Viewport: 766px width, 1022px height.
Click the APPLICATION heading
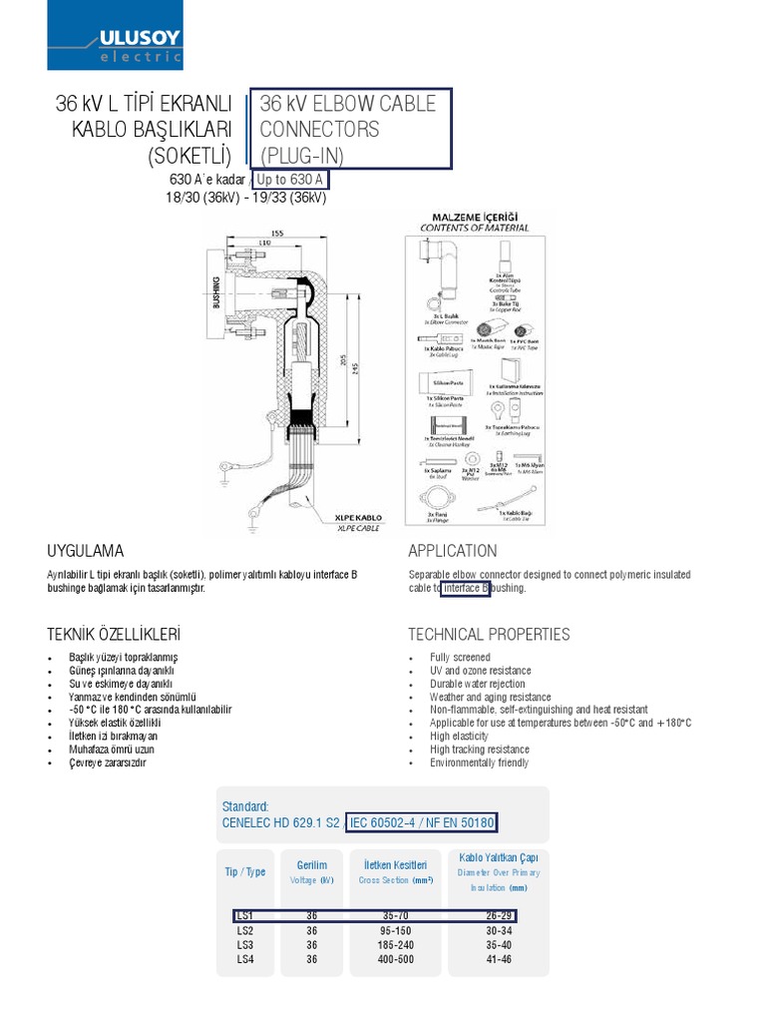click(x=452, y=551)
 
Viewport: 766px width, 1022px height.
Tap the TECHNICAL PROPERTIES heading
click(x=489, y=634)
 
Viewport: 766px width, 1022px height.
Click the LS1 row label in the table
click(x=245, y=915)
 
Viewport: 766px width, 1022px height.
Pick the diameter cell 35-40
click(x=499, y=944)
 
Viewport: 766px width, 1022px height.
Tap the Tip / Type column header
click(x=245, y=871)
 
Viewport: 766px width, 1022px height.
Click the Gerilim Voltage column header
click(x=312, y=872)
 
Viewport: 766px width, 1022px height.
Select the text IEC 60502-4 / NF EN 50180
click(x=421, y=822)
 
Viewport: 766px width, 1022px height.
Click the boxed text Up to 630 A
click(x=289, y=180)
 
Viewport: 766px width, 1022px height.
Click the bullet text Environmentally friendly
click(x=480, y=763)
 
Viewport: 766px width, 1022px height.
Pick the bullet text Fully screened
click(x=460, y=658)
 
